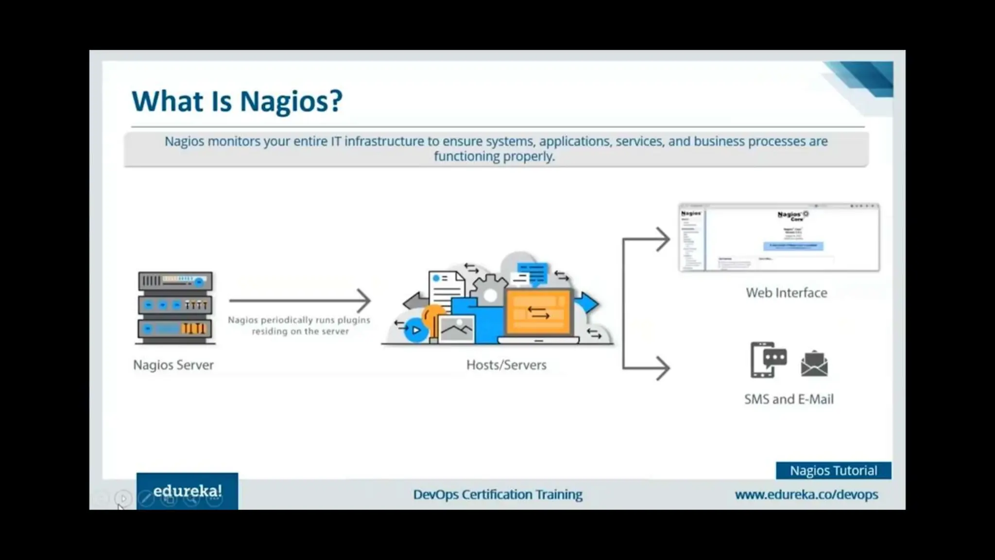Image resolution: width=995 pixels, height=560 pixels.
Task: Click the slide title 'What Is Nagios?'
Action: tap(237, 101)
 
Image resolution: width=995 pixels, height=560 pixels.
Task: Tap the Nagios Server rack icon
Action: tap(175, 307)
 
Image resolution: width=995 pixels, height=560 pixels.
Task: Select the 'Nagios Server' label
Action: tap(173, 365)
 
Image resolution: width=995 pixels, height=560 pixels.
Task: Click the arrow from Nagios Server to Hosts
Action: tap(300, 300)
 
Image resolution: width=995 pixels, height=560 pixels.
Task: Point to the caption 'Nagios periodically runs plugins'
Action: tap(299, 320)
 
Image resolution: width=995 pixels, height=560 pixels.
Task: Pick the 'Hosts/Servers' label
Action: tap(506, 365)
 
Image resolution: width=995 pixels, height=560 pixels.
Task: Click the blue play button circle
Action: tap(416, 331)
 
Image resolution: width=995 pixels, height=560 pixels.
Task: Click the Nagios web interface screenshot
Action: tap(779, 238)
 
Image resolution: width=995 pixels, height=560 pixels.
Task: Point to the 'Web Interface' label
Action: tap(786, 293)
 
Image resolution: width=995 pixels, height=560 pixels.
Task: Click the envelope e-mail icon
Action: tap(814, 364)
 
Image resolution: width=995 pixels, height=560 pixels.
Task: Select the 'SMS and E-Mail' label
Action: tap(789, 399)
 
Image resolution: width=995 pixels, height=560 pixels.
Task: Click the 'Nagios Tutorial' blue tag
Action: tap(833, 471)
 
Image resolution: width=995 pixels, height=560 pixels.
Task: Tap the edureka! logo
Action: tap(187, 491)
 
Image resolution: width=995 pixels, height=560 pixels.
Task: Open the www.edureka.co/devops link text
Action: tap(806, 494)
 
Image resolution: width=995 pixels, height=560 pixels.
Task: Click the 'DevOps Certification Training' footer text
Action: tap(497, 494)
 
